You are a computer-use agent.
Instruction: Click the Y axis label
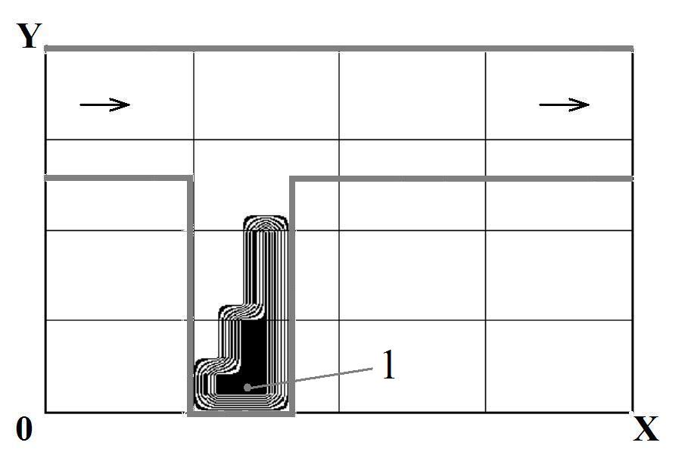30,36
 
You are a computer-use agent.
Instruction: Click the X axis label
646,428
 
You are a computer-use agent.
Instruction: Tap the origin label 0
24,428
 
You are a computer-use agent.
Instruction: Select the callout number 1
388,365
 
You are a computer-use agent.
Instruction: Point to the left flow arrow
105,104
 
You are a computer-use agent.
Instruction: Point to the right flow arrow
565,104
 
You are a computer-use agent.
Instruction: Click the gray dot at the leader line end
248,387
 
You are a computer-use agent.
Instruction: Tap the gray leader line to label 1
310,378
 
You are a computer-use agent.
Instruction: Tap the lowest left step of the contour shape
217,366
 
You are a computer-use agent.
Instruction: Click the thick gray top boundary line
339,48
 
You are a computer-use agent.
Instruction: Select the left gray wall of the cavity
189,295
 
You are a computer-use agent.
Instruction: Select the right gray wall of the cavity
292,295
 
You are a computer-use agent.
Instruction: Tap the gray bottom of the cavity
241,413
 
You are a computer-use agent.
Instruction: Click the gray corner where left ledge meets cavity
190,179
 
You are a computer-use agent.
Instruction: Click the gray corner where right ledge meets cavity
292,179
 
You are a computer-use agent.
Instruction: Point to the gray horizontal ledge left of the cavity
118,178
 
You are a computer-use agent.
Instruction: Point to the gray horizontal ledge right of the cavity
461,179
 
